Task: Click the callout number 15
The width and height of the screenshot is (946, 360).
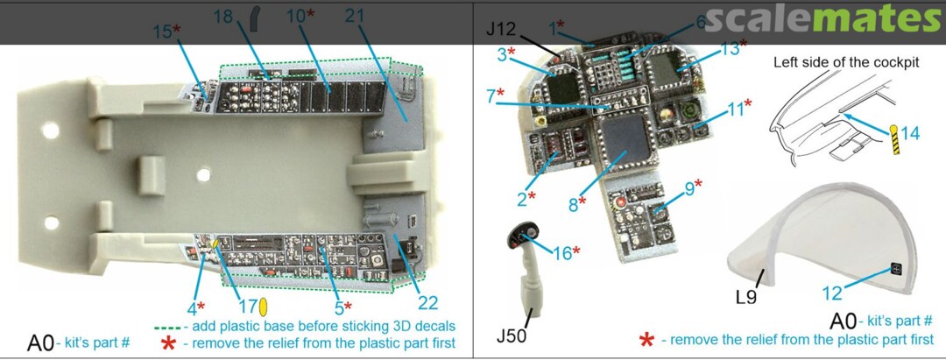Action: (161, 32)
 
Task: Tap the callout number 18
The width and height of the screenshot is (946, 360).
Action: (222, 17)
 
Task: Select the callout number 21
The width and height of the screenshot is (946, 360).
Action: (354, 16)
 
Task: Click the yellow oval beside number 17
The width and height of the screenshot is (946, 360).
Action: (263, 307)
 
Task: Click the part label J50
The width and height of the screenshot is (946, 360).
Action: (511, 335)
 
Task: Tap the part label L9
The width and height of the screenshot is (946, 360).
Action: (746, 297)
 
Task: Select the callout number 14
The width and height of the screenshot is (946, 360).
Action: (910, 132)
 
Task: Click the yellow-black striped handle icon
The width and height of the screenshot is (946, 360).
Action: (894, 139)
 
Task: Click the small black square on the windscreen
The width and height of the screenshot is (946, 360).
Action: (896, 270)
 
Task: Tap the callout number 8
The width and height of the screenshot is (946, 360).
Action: (573, 203)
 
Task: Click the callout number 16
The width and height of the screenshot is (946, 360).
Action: (562, 253)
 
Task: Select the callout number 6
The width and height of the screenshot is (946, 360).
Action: (701, 22)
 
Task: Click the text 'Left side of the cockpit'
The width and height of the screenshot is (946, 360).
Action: (846, 63)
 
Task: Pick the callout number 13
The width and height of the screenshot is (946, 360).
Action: (730, 48)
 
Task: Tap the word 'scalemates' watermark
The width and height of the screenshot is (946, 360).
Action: (822, 20)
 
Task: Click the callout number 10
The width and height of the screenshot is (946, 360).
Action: (296, 17)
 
